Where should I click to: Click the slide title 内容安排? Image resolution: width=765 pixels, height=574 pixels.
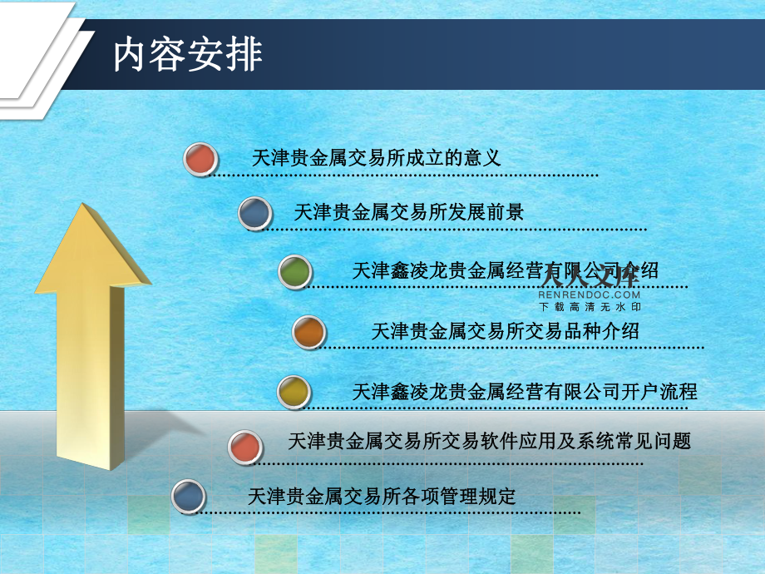[x=188, y=55]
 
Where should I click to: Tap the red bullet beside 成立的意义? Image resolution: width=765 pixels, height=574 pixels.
[x=200, y=159]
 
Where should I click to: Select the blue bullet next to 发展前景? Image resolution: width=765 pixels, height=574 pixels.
[x=255, y=213]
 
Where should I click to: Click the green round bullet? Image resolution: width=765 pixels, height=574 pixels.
[x=295, y=272]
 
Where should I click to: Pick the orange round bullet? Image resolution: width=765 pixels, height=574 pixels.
[x=308, y=333]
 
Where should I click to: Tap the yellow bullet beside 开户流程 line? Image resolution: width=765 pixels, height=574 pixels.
[x=294, y=392]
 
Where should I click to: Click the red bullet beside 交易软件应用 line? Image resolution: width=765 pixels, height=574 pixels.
[x=245, y=447]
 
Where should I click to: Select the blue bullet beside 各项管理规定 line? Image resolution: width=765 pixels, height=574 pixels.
[x=189, y=497]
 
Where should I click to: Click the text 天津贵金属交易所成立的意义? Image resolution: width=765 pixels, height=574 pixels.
[x=376, y=158]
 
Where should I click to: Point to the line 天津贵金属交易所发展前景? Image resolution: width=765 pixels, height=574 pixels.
[x=409, y=212]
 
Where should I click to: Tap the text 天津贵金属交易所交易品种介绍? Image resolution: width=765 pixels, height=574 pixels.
[x=505, y=331]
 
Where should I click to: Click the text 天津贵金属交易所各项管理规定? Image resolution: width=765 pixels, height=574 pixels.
[x=382, y=497]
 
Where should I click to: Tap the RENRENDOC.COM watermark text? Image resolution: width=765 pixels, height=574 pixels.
[x=589, y=294]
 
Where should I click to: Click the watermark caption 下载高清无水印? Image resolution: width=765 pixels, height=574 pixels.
[x=590, y=307]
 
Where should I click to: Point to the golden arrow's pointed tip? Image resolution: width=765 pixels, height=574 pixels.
[x=84, y=204]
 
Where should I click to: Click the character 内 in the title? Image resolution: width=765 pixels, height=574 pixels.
[x=129, y=55]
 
